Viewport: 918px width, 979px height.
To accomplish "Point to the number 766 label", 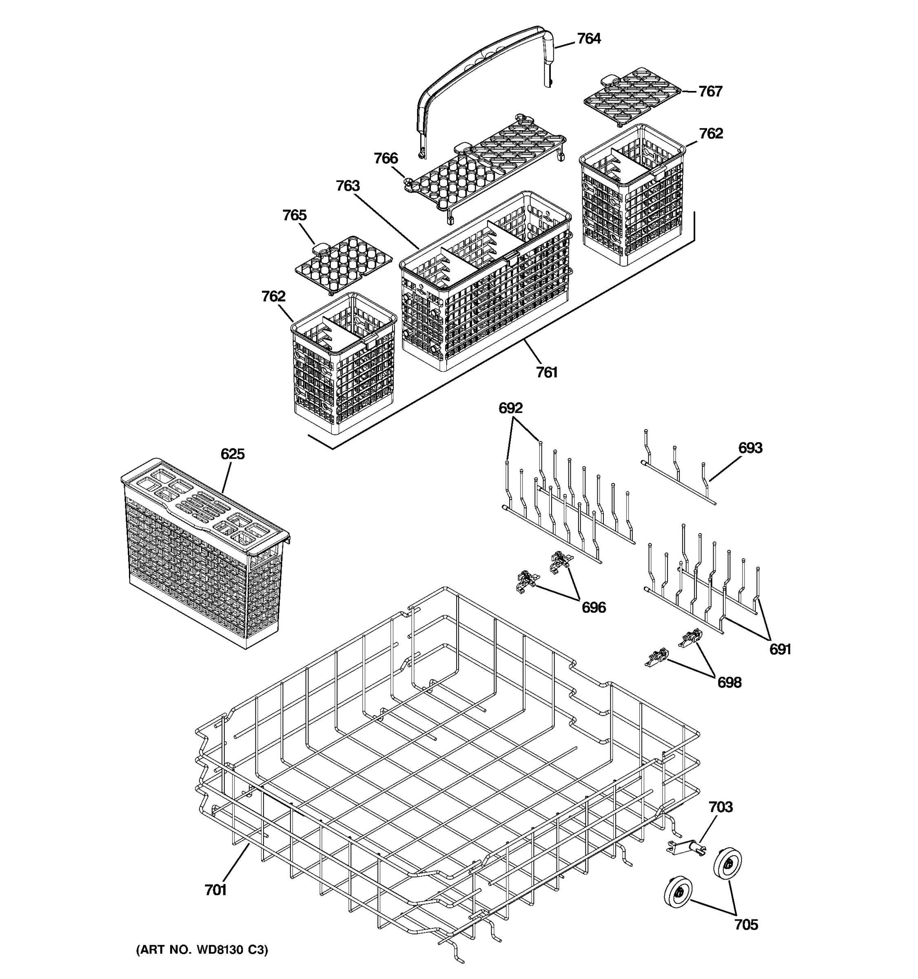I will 386,158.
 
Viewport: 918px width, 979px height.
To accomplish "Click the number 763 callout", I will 348,186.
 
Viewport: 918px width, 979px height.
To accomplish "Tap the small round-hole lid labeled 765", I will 343,264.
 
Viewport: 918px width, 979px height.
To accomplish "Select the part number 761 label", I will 547,373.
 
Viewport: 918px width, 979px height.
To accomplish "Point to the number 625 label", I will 233,454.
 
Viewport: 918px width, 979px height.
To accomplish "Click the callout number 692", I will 510,408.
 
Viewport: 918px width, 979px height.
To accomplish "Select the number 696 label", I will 594,608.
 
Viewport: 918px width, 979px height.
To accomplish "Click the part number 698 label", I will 729,682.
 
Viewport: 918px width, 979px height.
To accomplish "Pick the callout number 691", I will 780,649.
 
